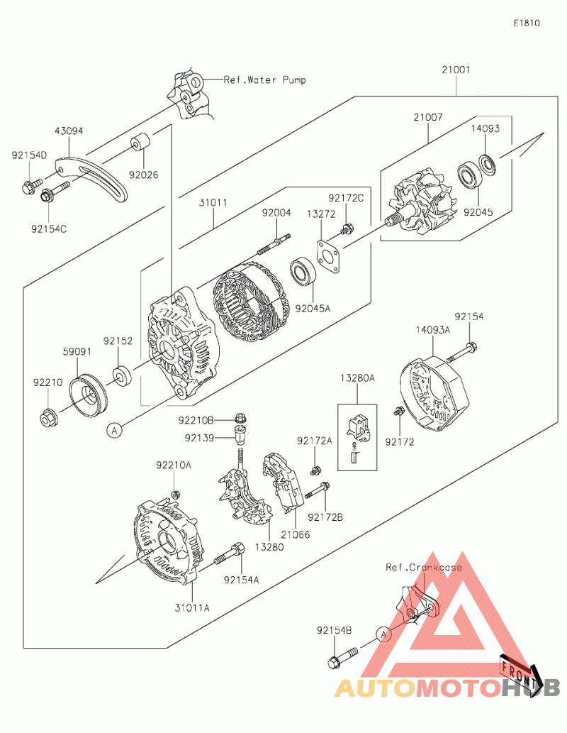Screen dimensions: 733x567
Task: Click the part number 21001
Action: point(456,70)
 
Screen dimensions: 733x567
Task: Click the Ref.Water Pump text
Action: point(265,79)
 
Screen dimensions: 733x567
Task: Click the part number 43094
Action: point(69,131)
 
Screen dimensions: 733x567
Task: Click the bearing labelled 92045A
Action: point(303,273)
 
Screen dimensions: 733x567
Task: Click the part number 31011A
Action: point(191,607)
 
